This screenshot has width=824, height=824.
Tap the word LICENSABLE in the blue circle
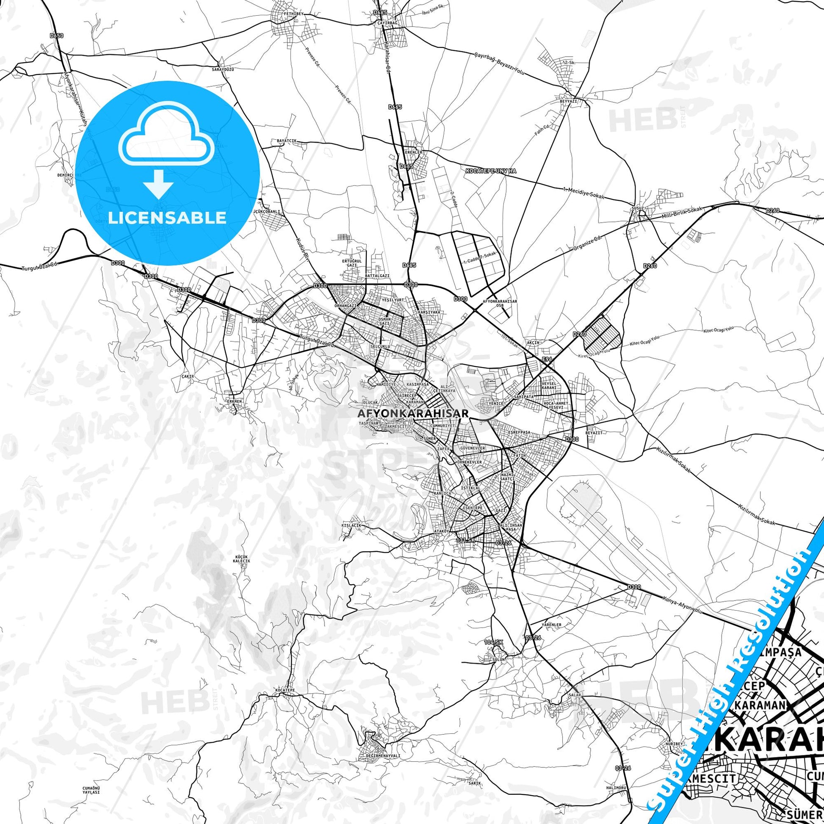click(x=167, y=218)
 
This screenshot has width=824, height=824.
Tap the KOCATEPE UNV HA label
click(x=490, y=171)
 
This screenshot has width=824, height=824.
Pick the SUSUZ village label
click(x=637, y=209)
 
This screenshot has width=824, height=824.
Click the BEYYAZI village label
click(x=568, y=101)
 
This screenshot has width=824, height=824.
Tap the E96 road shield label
click(x=547, y=359)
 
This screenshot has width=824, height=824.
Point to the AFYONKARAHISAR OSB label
click(x=500, y=303)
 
